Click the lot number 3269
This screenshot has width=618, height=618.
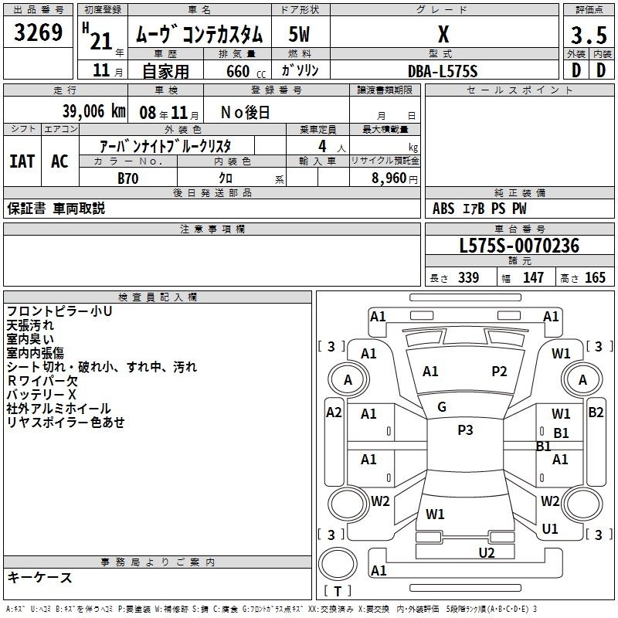(38, 32)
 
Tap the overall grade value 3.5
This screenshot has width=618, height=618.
(589, 35)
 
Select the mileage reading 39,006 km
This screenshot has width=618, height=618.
(93, 111)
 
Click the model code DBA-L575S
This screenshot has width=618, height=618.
(443, 71)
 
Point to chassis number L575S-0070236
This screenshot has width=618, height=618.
(519, 246)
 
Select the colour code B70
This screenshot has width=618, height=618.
(128, 178)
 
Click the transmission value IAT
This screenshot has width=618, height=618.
(22, 161)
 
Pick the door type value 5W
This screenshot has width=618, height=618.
(299, 34)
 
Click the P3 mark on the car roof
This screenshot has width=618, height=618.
(465, 430)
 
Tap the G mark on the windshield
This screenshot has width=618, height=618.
(442, 407)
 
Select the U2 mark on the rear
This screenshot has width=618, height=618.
(487, 553)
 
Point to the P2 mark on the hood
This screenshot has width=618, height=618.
(499, 372)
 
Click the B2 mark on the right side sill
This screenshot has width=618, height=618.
(596, 413)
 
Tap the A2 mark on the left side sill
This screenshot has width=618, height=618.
(334, 413)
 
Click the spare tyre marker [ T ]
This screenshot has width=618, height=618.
(338, 591)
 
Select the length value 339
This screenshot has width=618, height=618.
(468, 277)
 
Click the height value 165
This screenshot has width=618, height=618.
(595, 277)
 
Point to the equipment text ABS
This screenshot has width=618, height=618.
(443, 209)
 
